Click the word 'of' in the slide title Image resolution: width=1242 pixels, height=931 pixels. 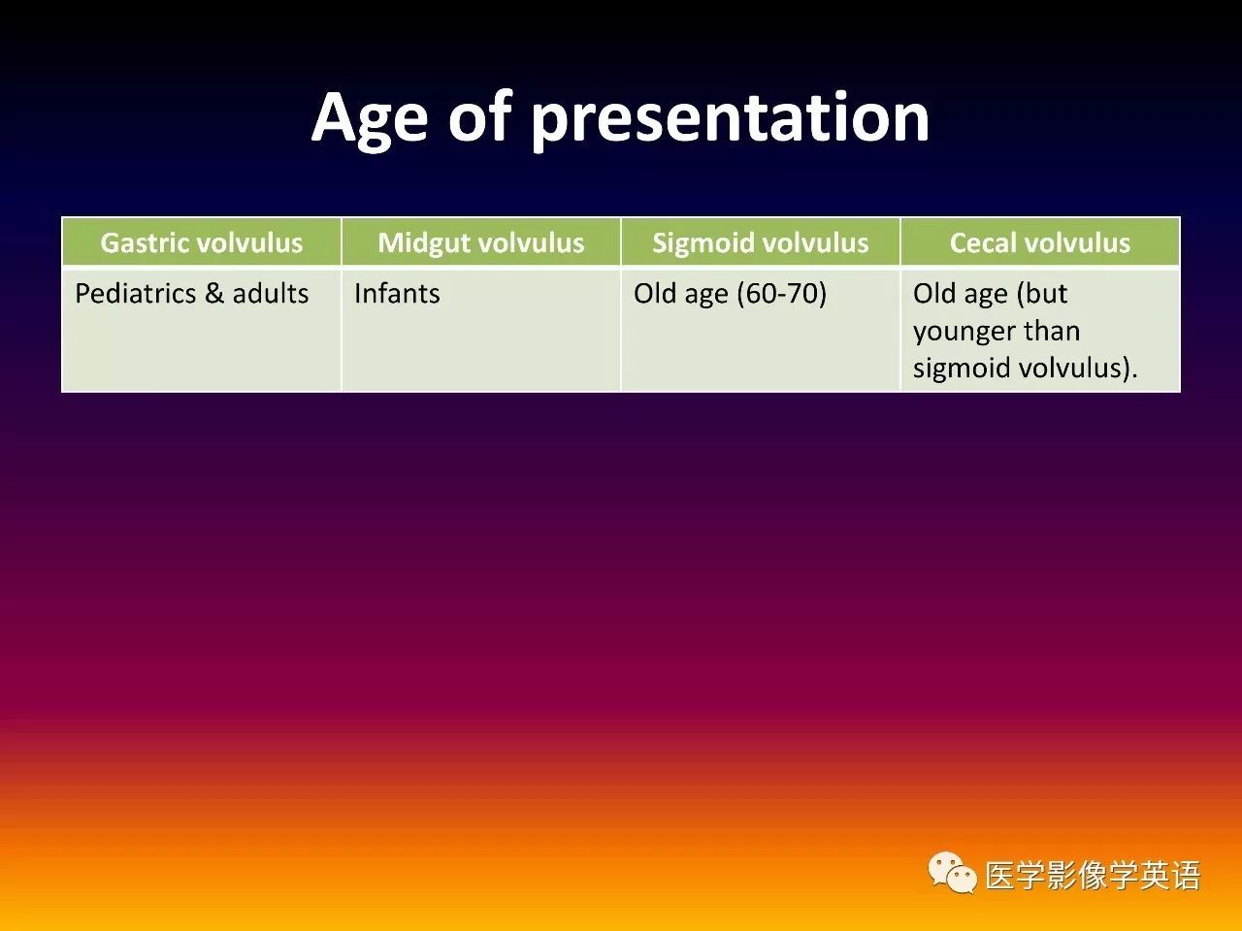tap(480, 114)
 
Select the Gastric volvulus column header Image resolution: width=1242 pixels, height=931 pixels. tap(202, 243)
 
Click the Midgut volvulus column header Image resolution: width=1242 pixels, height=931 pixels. tap(481, 243)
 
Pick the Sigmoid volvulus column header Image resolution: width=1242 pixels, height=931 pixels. tap(761, 243)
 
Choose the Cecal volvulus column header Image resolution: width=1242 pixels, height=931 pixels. tap(1040, 243)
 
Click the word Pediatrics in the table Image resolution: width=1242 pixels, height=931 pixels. tap(136, 294)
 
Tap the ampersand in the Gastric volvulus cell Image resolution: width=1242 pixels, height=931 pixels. tap(214, 294)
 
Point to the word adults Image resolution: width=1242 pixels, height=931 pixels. tap(271, 294)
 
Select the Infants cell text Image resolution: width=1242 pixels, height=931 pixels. tap(397, 294)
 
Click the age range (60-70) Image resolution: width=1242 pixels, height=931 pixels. tap(782, 294)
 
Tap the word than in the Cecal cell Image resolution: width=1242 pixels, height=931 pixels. tap(1054, 331)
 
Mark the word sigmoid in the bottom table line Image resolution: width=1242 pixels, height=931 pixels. tap(962, 369)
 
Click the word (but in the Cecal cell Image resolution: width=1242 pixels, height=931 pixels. tap(1042, 294)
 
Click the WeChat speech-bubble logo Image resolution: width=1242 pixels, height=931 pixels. tap(952, 874)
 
